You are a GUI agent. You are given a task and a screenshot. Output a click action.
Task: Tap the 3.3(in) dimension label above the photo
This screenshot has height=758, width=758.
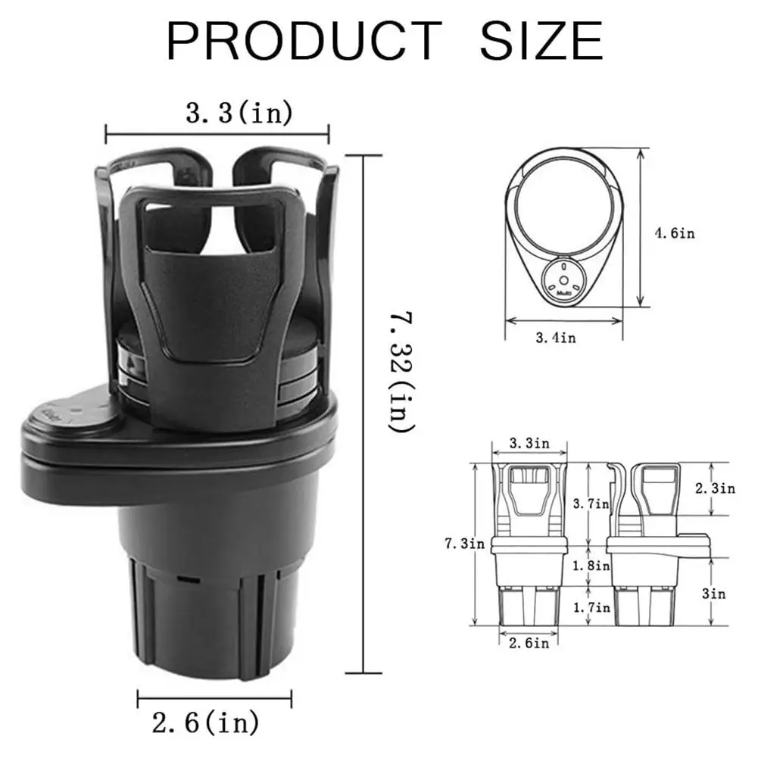[x=239, y=114]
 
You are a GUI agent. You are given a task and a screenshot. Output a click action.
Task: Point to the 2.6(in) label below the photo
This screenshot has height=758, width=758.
[x=206, y=723]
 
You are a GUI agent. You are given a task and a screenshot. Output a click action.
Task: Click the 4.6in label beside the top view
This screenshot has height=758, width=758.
[x=673, y=233]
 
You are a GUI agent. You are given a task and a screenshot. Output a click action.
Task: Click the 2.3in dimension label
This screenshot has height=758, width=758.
[x=716, y=488]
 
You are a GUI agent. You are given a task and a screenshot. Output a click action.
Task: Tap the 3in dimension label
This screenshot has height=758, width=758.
[x=713, y=594]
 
